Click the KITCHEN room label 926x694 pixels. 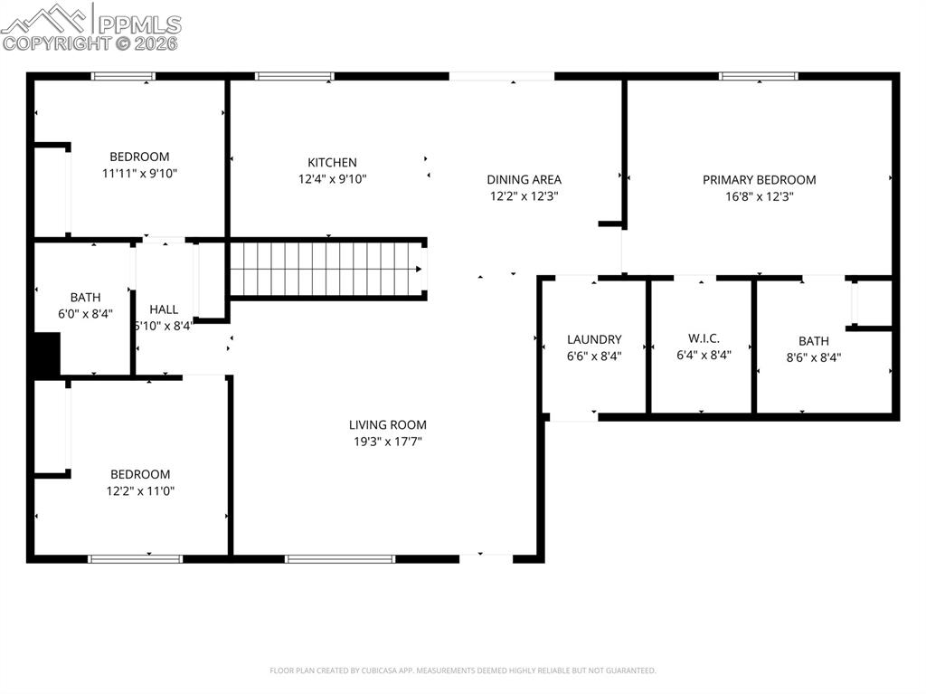point(332,163)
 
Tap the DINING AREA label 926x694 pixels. point(524,180)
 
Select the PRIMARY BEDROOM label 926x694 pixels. point(759,180)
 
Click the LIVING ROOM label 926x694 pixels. point(387,425)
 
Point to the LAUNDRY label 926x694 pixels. point(594,340)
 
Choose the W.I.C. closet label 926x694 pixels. point(704,338)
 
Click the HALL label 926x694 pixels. point(164,309)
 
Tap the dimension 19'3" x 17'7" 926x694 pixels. point(387,442)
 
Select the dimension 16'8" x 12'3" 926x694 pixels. point(759,196)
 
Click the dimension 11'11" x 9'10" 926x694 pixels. point(139,173)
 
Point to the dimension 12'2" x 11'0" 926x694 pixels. point(139,490)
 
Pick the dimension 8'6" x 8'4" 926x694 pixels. point(813,357)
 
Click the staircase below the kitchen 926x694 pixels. point(326,269)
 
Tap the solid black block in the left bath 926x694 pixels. point(46,354)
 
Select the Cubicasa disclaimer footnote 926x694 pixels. point(462,670)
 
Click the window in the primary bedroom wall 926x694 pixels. point(758,77)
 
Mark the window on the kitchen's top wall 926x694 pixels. point(295,77)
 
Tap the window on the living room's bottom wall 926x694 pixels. point(340,559)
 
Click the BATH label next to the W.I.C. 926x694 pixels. point(813,341)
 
